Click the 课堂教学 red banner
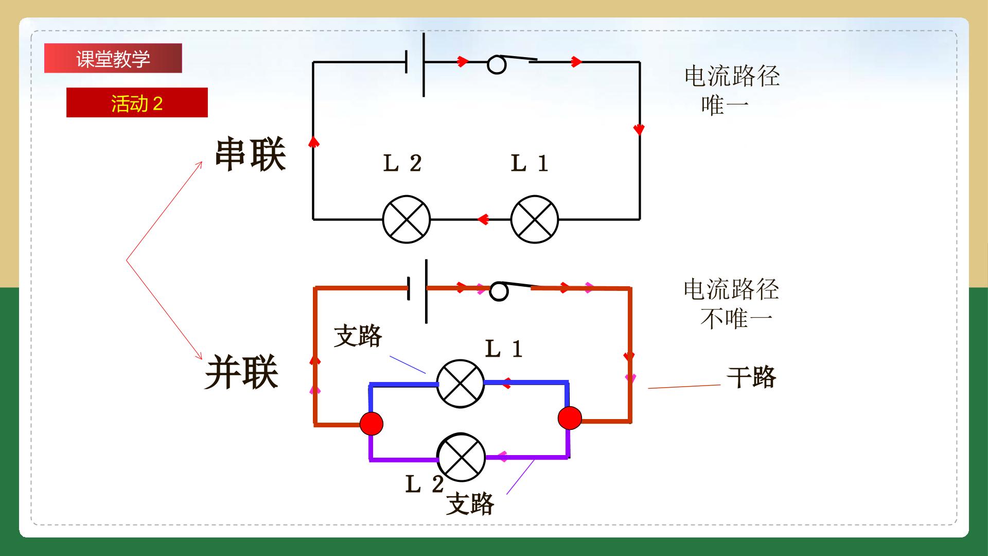113,58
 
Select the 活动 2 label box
137,102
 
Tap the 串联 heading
250,154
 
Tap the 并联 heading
242,372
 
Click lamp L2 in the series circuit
407,219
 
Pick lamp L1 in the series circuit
535,219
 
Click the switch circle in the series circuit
497,65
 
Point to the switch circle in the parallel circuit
499,291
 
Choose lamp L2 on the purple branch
461,458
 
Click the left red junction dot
372,423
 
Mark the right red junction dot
570,418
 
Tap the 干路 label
751,377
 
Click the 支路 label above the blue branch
358,336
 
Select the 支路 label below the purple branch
470,503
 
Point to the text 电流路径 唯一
732,91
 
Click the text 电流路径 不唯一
731,304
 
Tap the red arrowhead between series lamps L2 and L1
483,220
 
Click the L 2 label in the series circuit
402,164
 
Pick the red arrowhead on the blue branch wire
506,383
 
